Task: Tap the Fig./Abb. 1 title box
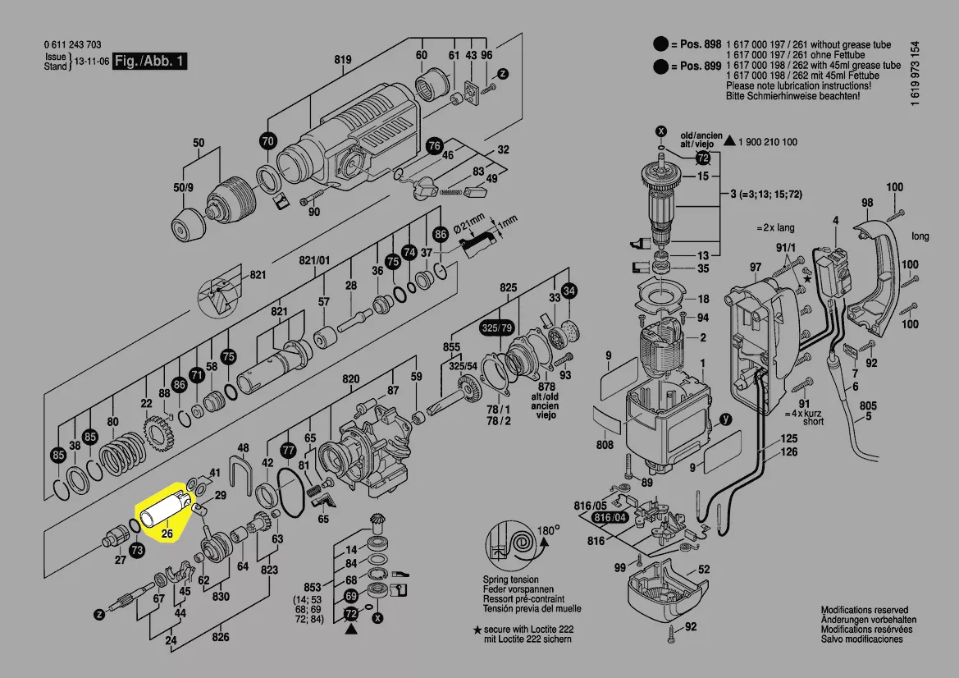pos(150,62)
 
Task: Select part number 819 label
pos(343,59)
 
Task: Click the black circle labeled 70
pos(267,140)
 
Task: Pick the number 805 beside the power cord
pos(868,405)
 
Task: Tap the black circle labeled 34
pos(569,290)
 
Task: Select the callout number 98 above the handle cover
pos(867,203)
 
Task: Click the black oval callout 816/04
pos(610,518)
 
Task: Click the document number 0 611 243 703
pos(72,45)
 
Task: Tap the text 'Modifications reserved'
pos(865,610)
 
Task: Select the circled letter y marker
pos(725,419)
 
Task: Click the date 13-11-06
pos(91,62)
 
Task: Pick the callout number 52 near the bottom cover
pos(704,569)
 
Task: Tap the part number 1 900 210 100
pos(767,142)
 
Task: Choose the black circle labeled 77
pos(287,451)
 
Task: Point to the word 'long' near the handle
pos(920,236)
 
